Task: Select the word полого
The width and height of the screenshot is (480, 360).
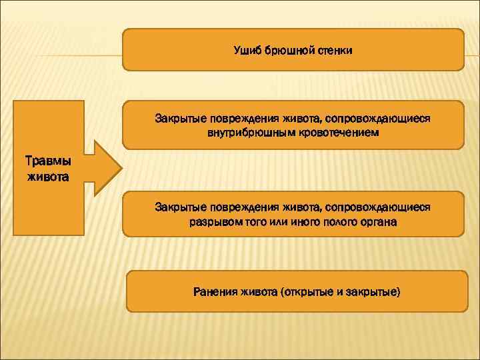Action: pos(331,222)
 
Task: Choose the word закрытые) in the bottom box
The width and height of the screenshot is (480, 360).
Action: pos(373,291)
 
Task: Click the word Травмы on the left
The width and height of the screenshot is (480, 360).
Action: pos(46,162)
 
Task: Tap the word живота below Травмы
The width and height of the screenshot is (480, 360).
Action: pos(46,176)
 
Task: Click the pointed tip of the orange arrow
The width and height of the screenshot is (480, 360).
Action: pos(121,168)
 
